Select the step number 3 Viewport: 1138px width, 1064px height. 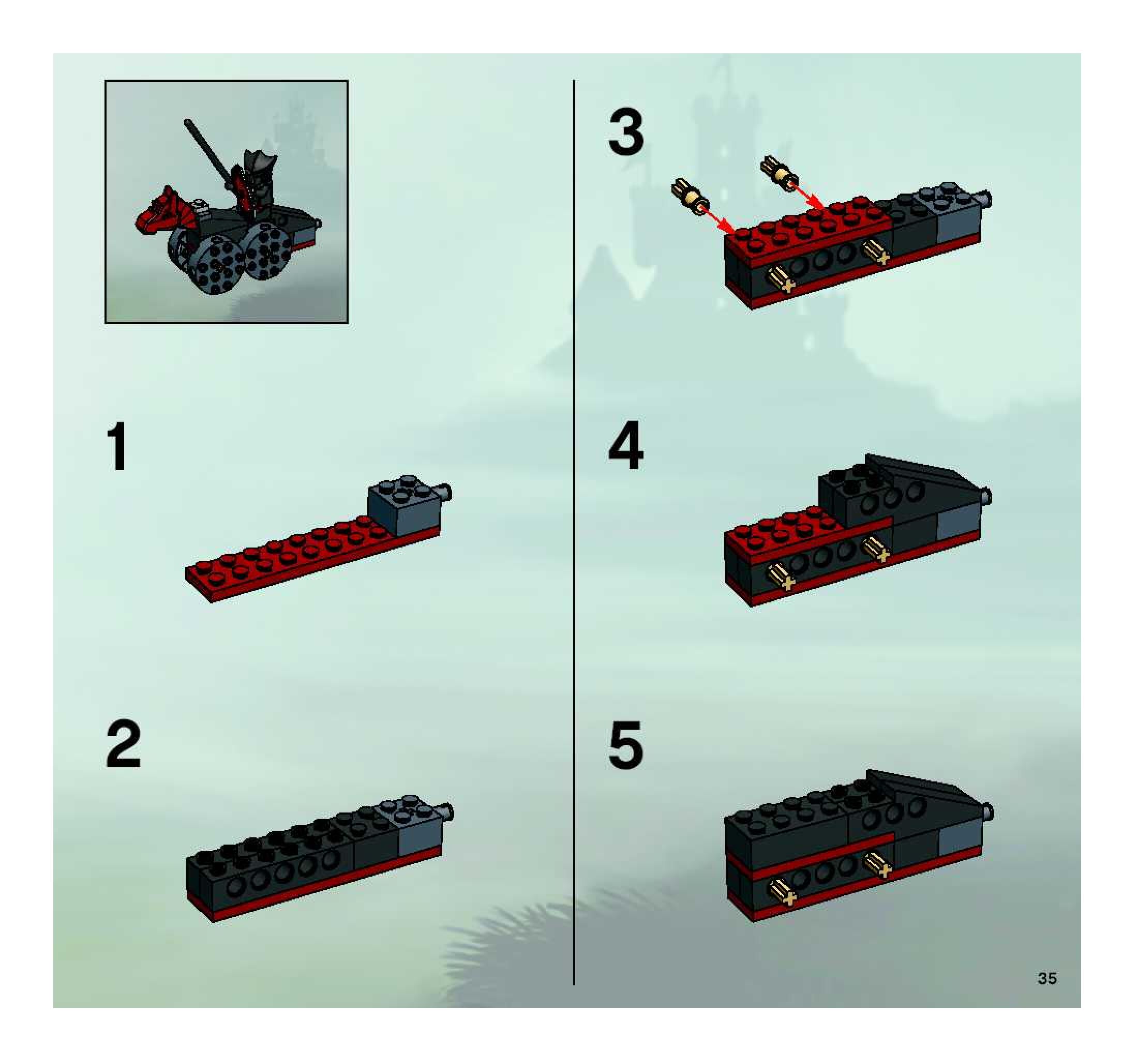point(626,134)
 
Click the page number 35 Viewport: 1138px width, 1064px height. point(1047,978)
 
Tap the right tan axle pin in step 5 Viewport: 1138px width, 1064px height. point(877,865)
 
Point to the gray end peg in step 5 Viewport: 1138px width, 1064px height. point(986,811)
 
